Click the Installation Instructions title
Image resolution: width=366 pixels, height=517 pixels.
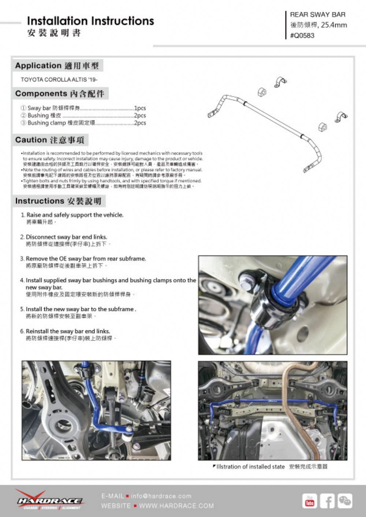(x=90, y=21)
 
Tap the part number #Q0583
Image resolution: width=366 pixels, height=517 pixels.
(x=302, y=35)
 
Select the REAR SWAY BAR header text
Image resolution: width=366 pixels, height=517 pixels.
(x=317, y=15)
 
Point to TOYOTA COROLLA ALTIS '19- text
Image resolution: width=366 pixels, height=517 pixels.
(x=59, y=80)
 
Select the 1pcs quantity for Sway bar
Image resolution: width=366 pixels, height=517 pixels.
(x=140, y=108)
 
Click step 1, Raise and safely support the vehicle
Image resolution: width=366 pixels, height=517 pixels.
(x=75, y=215)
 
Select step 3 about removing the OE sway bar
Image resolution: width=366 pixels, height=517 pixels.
(x=86, y=259)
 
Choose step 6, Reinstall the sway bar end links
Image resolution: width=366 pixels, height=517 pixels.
(x=68, y=331)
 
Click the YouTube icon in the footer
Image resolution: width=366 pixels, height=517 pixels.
(x=310, y=501)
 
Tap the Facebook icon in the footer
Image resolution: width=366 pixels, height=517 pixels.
(x=327, y=501)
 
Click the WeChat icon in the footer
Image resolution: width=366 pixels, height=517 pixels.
(x=345, y=501)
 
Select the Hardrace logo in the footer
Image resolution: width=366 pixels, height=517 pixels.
(x=49, y=501)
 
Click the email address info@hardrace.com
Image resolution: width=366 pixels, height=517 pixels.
(x=161, y=496)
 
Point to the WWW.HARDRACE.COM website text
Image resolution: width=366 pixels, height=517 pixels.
(x=176, y=506)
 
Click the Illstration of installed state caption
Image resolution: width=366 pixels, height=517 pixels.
(x=250, y=467)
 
